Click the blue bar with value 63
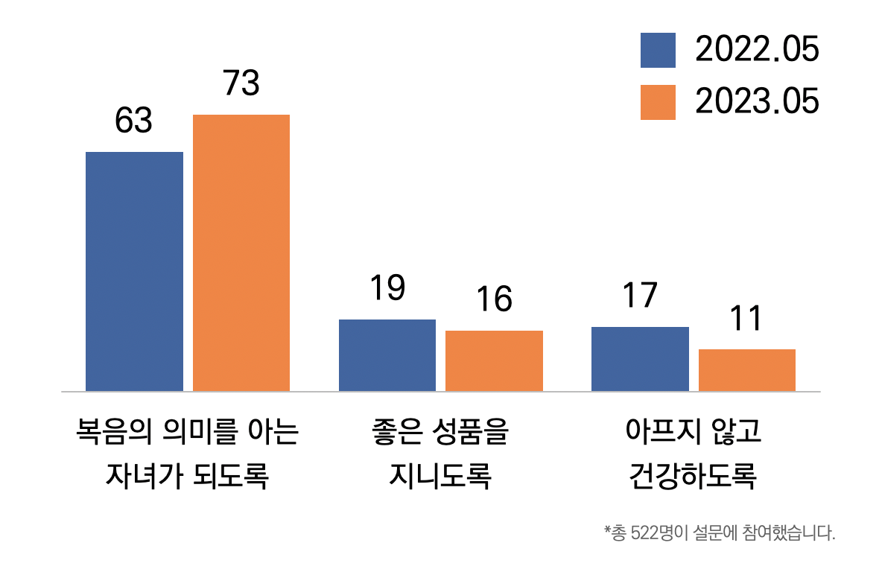pos(134,271)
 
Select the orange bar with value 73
pos(241,252)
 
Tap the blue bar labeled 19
pos(387,355)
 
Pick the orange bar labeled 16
pos(494,360)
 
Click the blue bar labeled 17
pos(640,358)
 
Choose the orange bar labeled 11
pos(746,369)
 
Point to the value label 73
pos(241,83)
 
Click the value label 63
pos(134,121)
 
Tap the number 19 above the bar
pos(387,288)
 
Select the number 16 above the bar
pos(494,299)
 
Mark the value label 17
pos(640,295)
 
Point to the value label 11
pos(746,318)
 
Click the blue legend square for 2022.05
pos(658,51)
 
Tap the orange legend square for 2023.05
pos(658,102)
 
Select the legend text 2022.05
pos(757,51)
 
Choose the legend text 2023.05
pos(757,102)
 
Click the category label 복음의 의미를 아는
pos(187,432)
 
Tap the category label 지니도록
pos(439,475)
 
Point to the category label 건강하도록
pos(693,475)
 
